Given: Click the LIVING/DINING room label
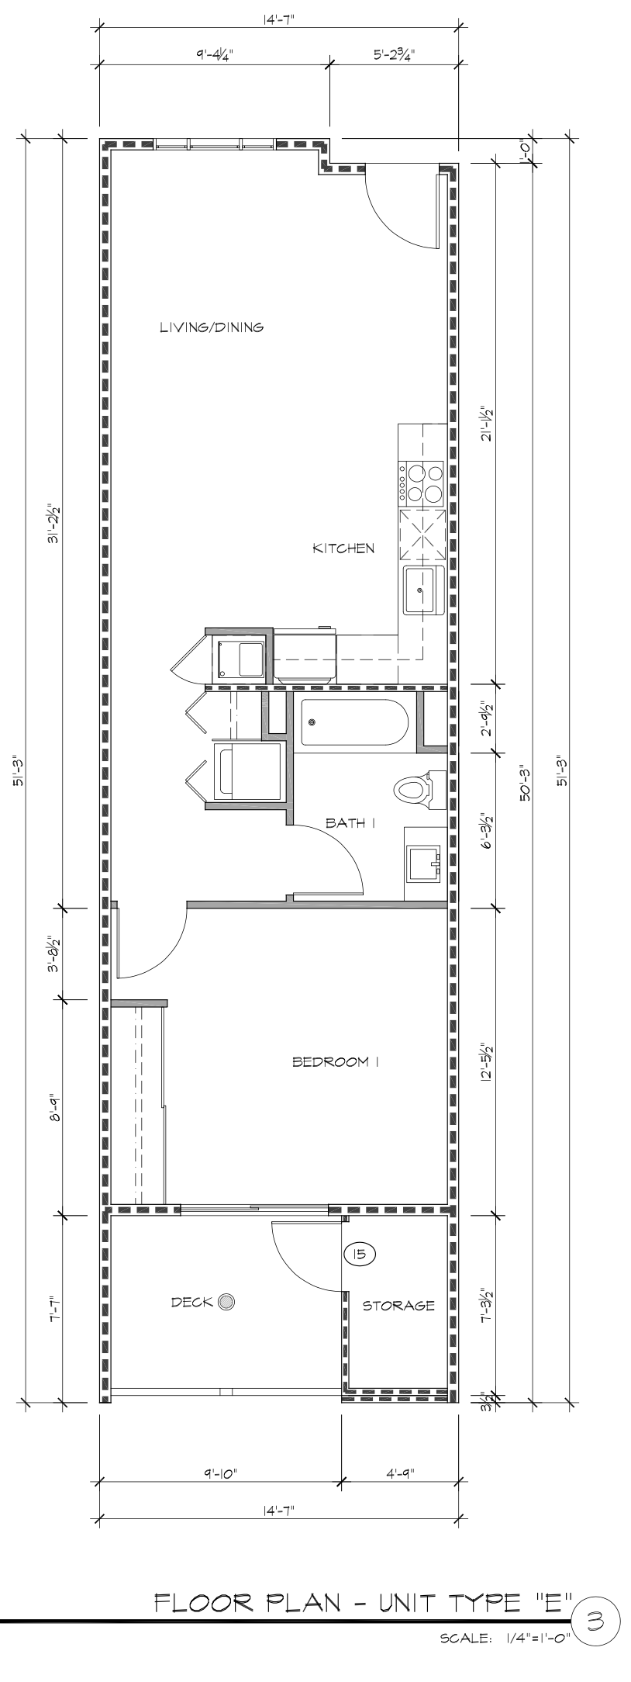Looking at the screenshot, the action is (x=212, y=327).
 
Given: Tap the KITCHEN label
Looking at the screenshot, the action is (x=343, y=549).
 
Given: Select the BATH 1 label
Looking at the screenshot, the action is (x=350, y=823).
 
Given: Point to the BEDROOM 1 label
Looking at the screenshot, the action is (x=335, y=1062).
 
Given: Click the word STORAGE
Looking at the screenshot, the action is (x=398, y=1306).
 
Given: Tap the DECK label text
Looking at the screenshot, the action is (x=192, y=1302).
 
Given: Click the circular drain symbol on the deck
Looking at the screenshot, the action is (x=226, y=1302).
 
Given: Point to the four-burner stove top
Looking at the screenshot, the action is (x=422, y=483).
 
